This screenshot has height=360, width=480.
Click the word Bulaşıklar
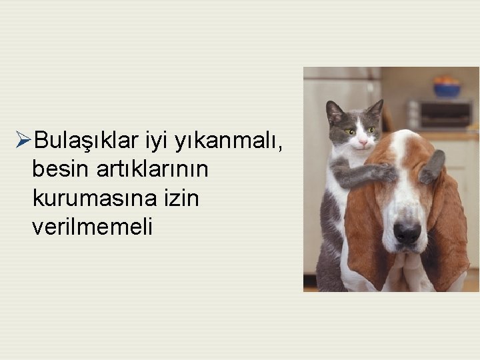pyautogui.click(x=86, y=141)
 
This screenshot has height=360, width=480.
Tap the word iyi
pyautogui.click(x=158, y=141)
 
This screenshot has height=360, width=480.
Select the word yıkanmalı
pyautogui.click(x=231, y=141)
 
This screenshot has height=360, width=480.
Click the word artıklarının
pyautogui.click(x=152, y=169)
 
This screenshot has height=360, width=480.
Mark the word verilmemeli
pyautogui.click(x=92, y=227)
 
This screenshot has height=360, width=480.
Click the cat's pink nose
pyautogui.click(x=362, y=141)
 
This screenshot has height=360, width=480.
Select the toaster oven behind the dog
pyautogui.click(x=440, y=114)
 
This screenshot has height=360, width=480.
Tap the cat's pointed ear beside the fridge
pyautogui.click(x=333, y=111)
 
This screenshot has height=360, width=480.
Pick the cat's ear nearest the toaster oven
pyautogui.click(x=376, y=109)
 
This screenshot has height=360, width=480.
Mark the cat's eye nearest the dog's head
pyautogui.click(x=371, y=129)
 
